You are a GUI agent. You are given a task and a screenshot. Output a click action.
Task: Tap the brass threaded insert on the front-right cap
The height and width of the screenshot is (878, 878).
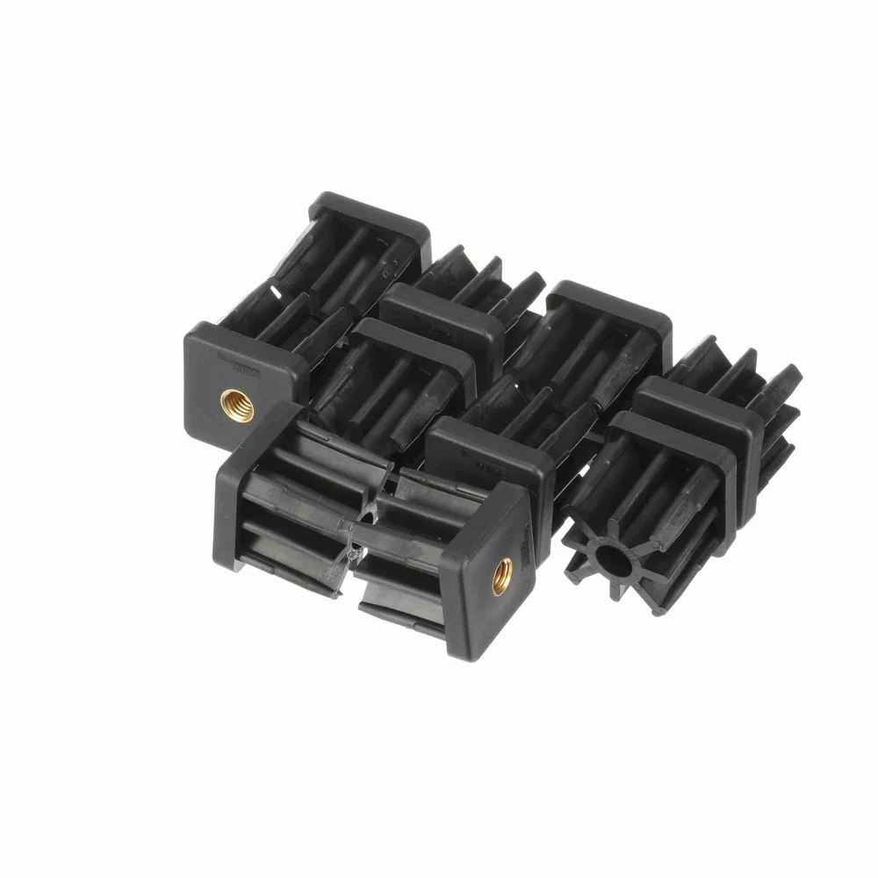pyautogui.click(x=502, y=575)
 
